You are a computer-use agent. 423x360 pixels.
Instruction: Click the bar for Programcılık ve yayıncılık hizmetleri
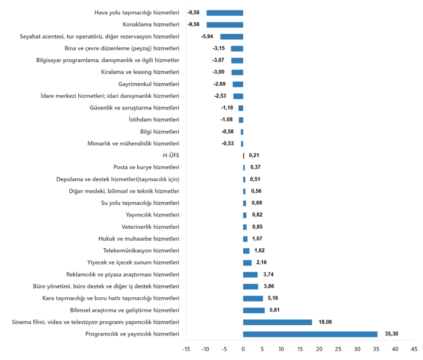click(x=310, y=334)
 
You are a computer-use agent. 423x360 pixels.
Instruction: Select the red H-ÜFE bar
click(x=243, y=156)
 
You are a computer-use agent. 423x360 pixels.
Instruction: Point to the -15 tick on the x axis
click(x=186, y=349)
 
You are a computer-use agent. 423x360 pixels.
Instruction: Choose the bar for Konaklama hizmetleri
click(x=225, y=24)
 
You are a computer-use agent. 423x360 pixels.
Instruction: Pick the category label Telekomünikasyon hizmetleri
click(x=141, y=251)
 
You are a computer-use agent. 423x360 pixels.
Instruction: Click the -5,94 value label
click(x=207, y=36)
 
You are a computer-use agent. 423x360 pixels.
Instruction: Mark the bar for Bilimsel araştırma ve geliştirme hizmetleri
click(x=254, y=310)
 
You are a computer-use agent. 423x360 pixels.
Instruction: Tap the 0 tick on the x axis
click(x=243, y=349)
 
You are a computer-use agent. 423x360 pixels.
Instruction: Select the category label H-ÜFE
click(x=171, y=156)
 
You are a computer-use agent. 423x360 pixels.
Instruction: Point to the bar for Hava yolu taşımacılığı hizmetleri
click(x=225, y=13)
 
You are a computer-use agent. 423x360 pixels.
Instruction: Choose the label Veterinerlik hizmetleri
click(x=150, y=227)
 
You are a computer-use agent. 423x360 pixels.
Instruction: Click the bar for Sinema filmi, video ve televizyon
click(x=277, y=322)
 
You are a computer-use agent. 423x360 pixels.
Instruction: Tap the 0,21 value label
click(x=254, y=156)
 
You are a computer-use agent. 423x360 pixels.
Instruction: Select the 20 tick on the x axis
click(x=319, y=349)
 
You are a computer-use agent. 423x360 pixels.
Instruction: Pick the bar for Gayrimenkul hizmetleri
click(x=238, y=84)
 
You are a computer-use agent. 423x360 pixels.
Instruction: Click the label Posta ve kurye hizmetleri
click(x=146, y=167)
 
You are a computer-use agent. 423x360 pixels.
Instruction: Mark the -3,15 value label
click(x=219, y=48)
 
